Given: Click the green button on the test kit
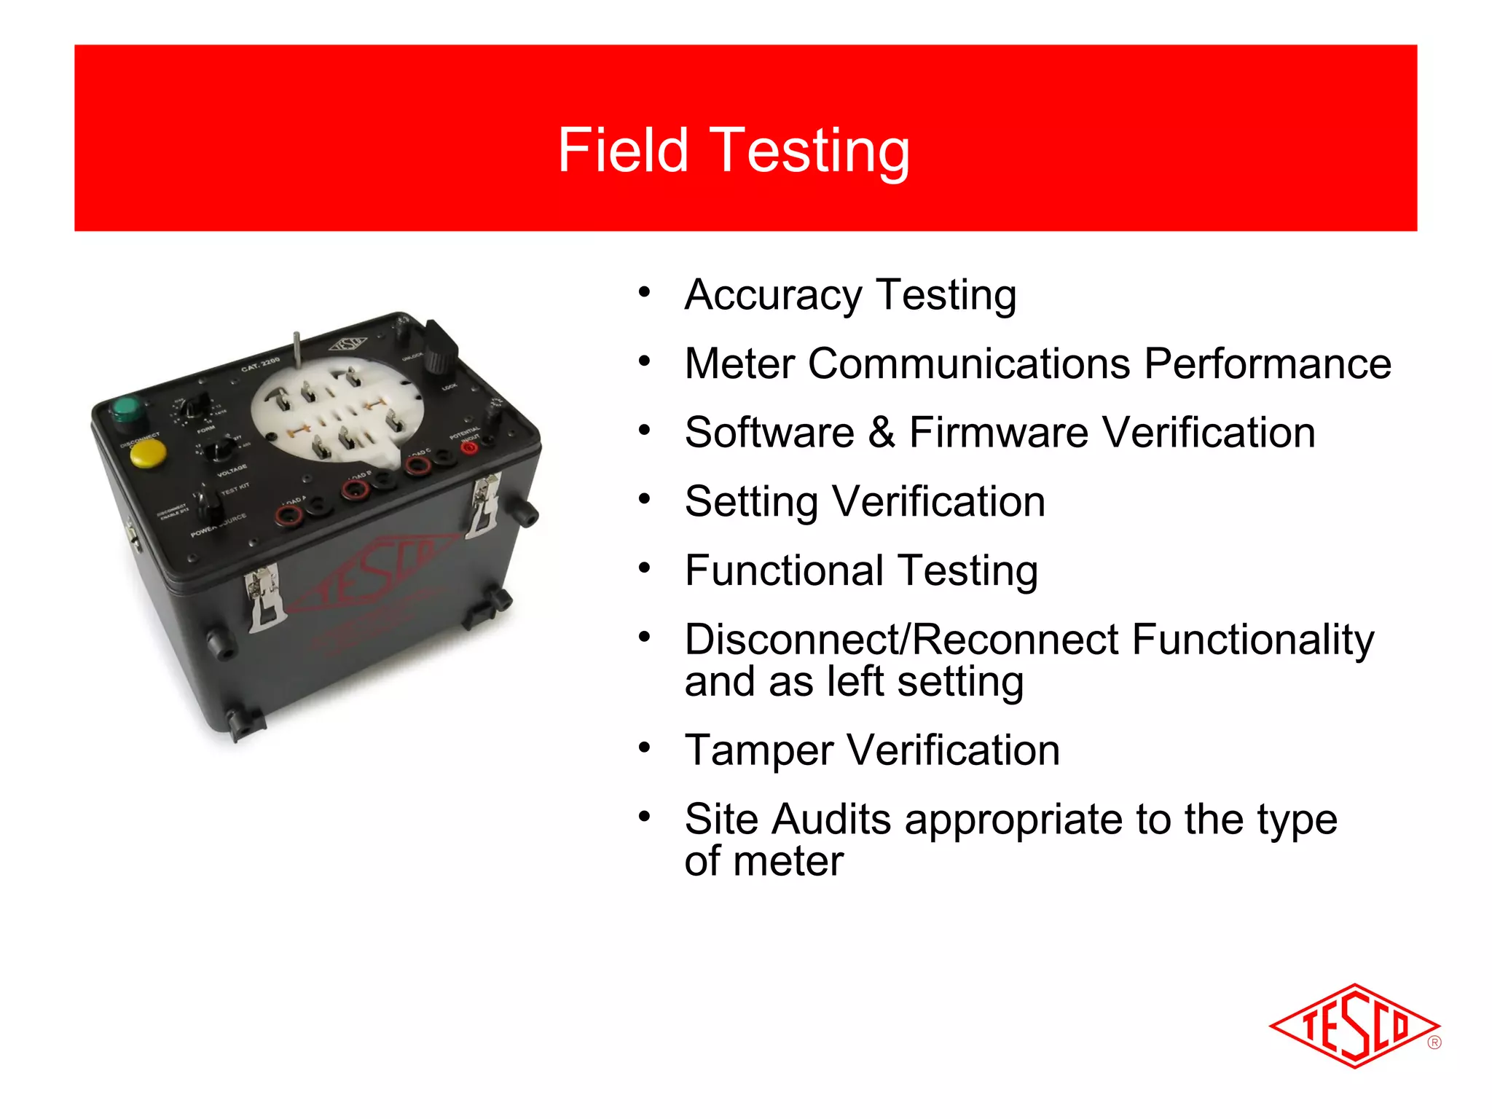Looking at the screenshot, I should pyautogui.click(x=127, y=409).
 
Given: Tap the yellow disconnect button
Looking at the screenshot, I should pyautogui.click(x=147, y=453).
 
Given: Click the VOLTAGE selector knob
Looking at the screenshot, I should pyautogui.click(x=220, y=449).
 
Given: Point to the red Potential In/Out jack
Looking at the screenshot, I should pyautogui.click(x=470, y=447).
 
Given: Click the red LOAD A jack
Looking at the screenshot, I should pyautogui.click(x=288, y=516).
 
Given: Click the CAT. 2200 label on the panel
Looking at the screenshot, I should pyautogui.click(x=260, y=364).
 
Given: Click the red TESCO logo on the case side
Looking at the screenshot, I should pyautogui.click(x=372, y=576).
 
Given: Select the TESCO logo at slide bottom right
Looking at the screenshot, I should pyautogui.click(x=1354, y=1026).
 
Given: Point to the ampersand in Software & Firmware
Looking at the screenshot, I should pyautogui.click(x=881, y=432).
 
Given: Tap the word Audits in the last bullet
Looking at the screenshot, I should pyautogui.click(x=831, y=819).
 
